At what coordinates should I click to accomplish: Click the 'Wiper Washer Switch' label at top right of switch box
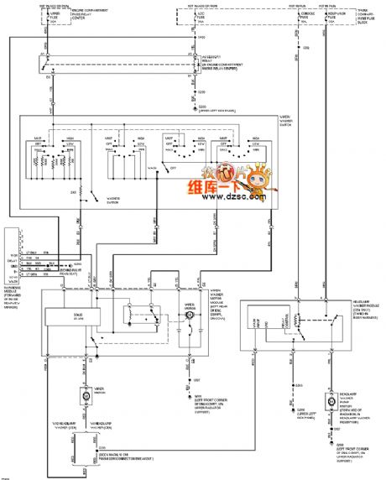pyautogui.click(x=290, y=117)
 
